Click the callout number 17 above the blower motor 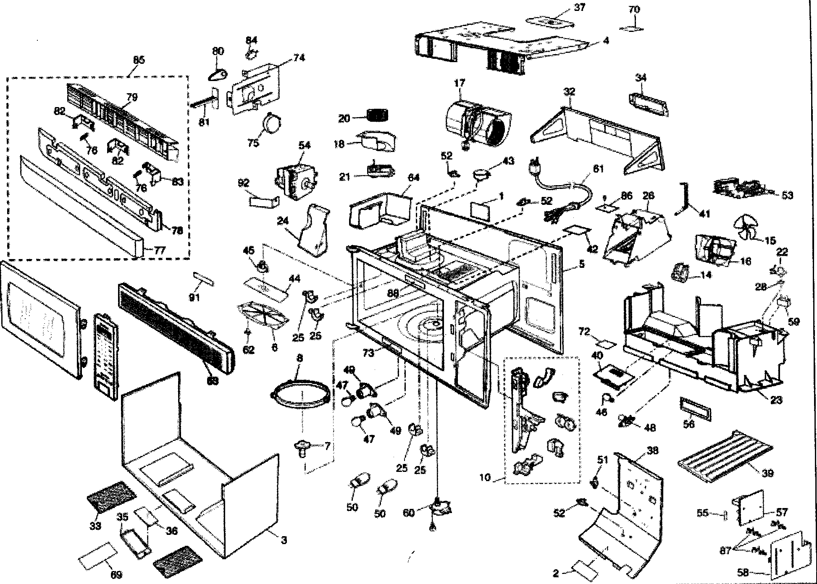tap(460, 83)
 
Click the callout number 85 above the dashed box tap(139, 60)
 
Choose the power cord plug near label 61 tap(533, 168)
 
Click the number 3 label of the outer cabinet tap(284, 540)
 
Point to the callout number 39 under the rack tap(767, 473)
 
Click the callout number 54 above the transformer tap(305, 146)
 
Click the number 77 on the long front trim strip tap(159, 251)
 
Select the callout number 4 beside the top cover tap(605, 41)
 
